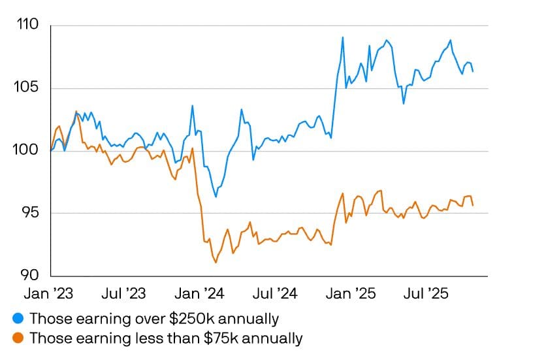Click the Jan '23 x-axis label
[49, 293]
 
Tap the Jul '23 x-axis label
[123, 293]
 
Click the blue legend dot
[18, 319]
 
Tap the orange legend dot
[18, 338]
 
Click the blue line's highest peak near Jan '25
[342, 37]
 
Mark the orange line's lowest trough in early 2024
[216, 263]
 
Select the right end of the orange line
[473, 205]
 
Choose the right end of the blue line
[473, 71]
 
